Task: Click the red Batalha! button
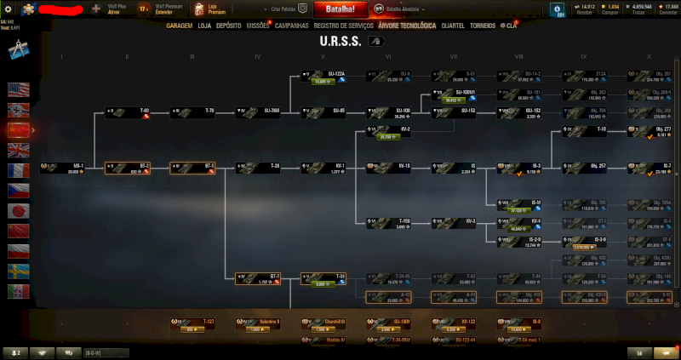[x=340, y=9]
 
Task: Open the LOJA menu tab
[x=204, y=26]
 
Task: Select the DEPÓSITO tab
[x=229, y=26]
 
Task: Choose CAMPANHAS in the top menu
[x=291, y=26]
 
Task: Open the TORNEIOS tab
[x=484, y=26]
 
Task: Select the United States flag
[x=18, y=89]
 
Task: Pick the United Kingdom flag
[x=18, y=150]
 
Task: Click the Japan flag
[x=18, y=210]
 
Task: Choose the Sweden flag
[x=18, y=271]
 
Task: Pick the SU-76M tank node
[x=260, y=111]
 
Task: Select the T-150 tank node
[x=390, y=223]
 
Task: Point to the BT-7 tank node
[x=260, y=277]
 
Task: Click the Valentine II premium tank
[x=260, y=324]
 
